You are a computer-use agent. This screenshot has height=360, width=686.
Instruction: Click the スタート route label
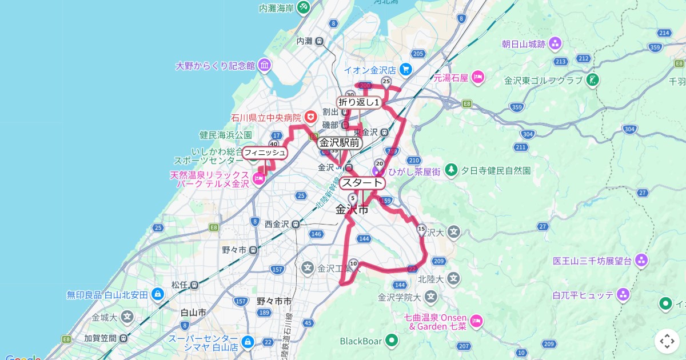point(362,183)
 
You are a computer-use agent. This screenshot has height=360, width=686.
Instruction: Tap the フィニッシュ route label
point(264,153)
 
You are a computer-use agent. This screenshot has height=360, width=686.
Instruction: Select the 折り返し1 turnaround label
point(359,102)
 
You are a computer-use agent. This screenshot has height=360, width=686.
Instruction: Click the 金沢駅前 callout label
point(340,143)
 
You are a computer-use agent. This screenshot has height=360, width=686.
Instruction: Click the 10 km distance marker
point(353,263)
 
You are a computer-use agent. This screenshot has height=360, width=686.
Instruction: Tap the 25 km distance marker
point(386,81)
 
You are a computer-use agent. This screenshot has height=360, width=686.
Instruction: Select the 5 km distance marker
point(352,198)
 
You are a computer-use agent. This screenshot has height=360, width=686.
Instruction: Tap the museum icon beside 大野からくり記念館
point(264,65)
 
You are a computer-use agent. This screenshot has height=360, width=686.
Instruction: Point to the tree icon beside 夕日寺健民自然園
point(452,170)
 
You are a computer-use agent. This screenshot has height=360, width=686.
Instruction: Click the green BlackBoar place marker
point(392,341)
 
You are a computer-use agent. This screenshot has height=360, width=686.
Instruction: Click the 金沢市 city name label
point(352,210)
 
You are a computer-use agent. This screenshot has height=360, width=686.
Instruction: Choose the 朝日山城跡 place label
point(524,43)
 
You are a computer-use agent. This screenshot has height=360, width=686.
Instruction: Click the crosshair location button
point(667,341)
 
